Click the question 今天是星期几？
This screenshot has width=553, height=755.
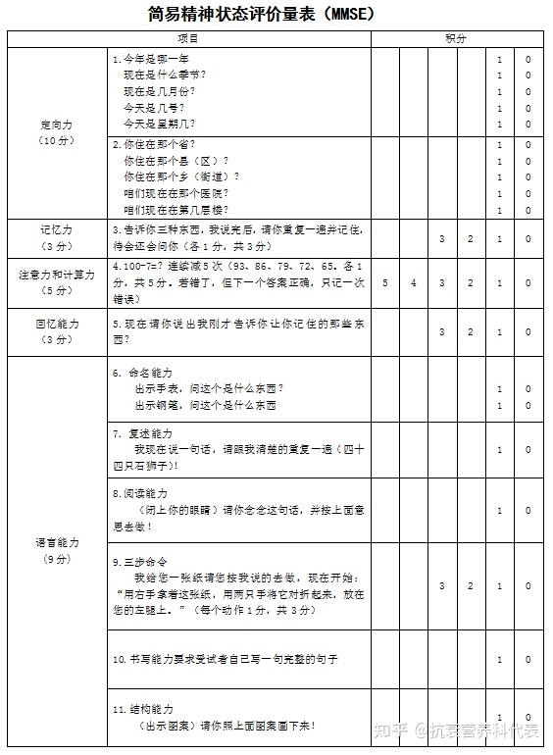pos(159,125)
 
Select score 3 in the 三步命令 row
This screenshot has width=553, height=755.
pos(442,585)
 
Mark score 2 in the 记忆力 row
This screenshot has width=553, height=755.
pos(471,239)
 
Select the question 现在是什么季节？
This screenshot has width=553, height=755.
pos(165,75)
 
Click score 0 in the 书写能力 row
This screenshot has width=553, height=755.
pos(528,659)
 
